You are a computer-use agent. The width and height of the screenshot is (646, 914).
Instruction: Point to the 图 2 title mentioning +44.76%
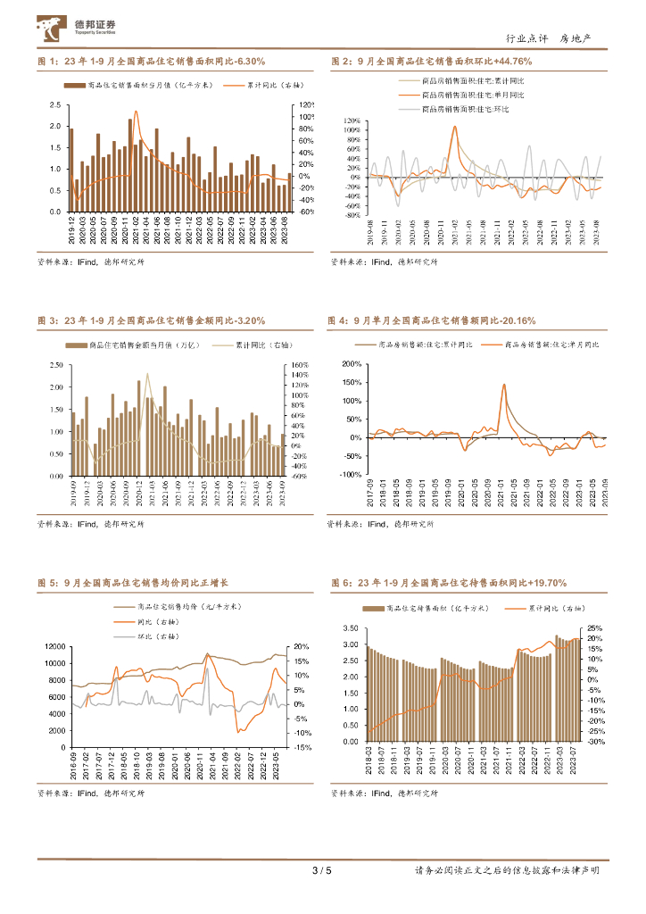click(431, 62)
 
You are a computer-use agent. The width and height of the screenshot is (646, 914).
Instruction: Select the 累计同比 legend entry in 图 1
click(261, 85)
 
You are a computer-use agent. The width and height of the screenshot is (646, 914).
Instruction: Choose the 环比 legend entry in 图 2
click(455, 108)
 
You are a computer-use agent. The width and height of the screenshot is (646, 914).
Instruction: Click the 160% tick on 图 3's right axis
click(299, 365)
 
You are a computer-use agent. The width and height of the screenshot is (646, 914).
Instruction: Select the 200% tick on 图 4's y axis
click(350, 364)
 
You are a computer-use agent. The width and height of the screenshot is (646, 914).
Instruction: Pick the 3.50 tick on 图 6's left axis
click(351, 629)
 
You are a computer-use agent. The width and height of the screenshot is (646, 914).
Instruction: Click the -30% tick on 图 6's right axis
click(597, 741)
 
